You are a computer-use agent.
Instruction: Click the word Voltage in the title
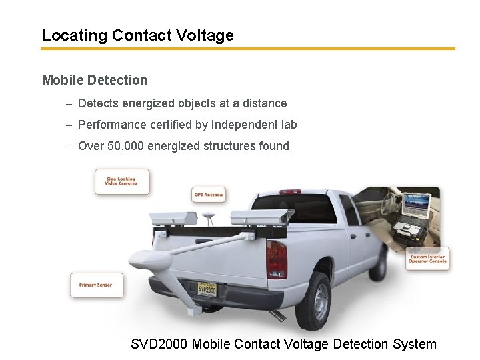coord(206,35)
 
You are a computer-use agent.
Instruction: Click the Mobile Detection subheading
coord(95,80)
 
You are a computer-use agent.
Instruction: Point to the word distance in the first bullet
coord(265,103)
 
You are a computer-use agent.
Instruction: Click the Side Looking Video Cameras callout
coord(122,181)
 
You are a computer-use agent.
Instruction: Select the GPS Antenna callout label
coord(209,195)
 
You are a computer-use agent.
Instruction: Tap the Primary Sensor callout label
coord(97,285)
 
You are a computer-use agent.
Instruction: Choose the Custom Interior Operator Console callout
coord(427,259)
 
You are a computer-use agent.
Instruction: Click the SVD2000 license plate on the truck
coord(207,289)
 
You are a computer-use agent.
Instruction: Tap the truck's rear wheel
coord(314,301)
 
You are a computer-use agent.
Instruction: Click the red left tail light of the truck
coord(276,259)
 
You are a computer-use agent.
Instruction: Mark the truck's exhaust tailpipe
coord(279,315)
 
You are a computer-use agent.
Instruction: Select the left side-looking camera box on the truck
coord(173,217)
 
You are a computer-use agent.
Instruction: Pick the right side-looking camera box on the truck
coord(261,216)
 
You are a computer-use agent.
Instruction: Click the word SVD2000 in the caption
coord(160,344)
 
